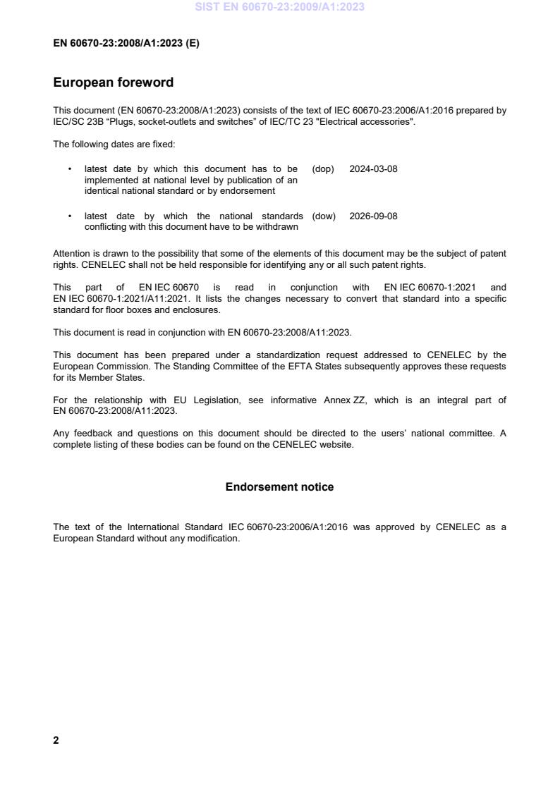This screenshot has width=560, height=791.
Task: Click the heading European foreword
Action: [x=113, y=82]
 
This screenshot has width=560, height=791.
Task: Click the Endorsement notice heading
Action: [x=279, y=487]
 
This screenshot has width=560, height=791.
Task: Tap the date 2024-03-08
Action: [x=373, y=169]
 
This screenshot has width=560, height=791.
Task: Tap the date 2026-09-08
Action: [x=373, y=216]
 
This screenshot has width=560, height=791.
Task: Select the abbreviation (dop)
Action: [x=323, y=169]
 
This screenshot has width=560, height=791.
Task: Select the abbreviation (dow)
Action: [x=324, y=216]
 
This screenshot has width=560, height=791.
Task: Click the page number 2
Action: [x=56, y=740]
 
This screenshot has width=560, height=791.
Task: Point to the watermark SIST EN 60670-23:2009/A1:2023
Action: [x=279, y=7]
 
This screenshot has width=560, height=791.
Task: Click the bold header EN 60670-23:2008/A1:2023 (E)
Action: [x=126, y=43]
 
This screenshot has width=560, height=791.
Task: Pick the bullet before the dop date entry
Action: [x=69, y=169]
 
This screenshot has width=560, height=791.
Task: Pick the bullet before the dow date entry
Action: [x=69, y=216]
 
